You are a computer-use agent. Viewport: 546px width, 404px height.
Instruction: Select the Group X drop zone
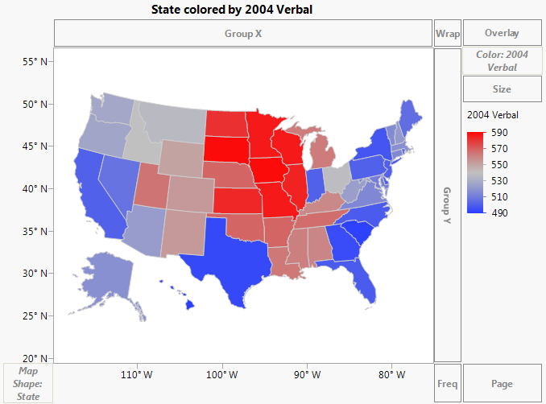(243, 34)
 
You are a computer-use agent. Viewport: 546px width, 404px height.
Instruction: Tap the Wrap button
(447, 34)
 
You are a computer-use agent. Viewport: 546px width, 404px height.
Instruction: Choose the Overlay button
(502, 34)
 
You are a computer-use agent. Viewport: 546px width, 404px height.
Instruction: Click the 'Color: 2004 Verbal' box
(502, 61)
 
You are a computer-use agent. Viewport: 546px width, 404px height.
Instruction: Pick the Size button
(502, 89)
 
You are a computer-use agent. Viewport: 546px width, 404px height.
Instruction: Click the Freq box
(447, 383)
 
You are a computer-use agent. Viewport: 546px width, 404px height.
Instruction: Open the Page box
(502, 383)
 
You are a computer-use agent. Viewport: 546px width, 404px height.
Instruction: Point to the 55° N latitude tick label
(33, 61)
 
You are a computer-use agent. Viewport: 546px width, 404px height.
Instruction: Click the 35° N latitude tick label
(33, 231)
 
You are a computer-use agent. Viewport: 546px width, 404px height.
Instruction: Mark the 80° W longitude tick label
(390, 374)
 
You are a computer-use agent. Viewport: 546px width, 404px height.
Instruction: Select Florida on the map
(366, 282)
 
